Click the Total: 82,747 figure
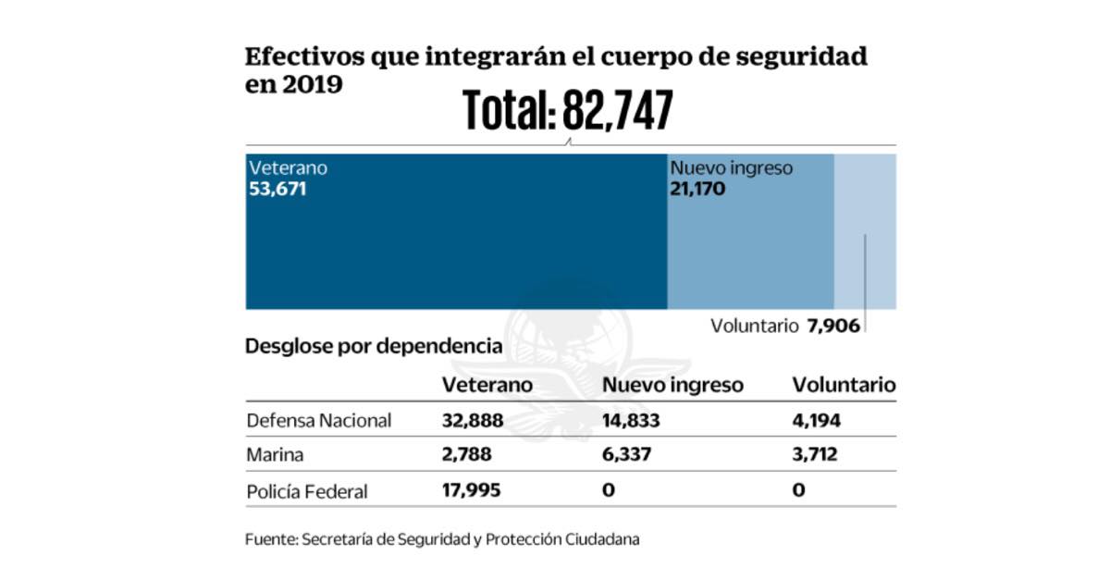pos(567,111)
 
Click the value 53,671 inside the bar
pos(277,190)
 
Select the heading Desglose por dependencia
pos(374,348)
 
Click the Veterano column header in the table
pos(487,385)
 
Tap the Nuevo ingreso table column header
pos(672,385)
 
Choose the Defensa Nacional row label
pos(319,421)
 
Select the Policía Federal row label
pos(307,491)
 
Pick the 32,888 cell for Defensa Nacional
pos(473,421)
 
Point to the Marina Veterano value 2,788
pos(467,456)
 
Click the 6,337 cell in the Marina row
pos(627,456)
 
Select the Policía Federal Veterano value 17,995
pos(472,490)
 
